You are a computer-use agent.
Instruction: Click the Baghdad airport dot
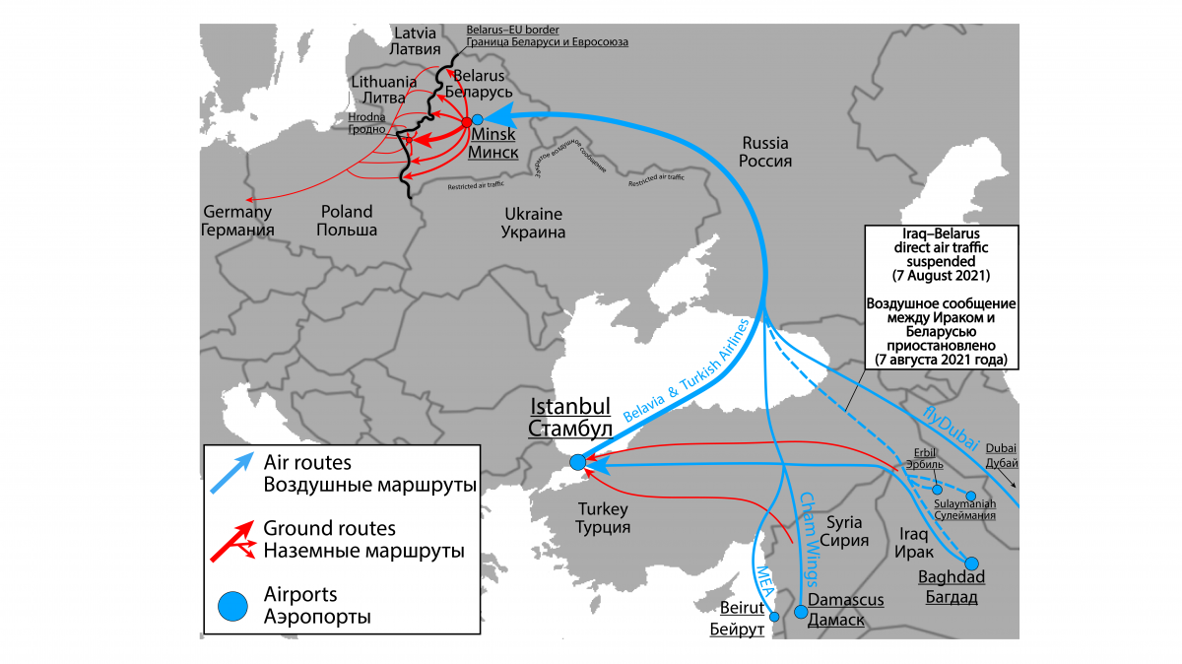[971, 564]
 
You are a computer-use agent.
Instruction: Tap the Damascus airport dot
[801, 612]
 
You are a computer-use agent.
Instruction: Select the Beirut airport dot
[773, 617]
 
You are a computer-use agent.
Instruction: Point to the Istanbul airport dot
[577, 460]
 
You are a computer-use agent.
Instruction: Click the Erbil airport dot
[937, 489]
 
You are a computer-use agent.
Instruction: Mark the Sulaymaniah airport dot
[971, 497]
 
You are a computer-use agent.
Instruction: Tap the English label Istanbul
[570, 407]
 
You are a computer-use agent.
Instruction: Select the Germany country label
[237, 211]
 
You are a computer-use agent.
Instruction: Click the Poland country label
[347, 211]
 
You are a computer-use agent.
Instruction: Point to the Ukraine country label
[533, 214]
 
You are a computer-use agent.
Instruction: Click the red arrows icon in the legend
[233, 540]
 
